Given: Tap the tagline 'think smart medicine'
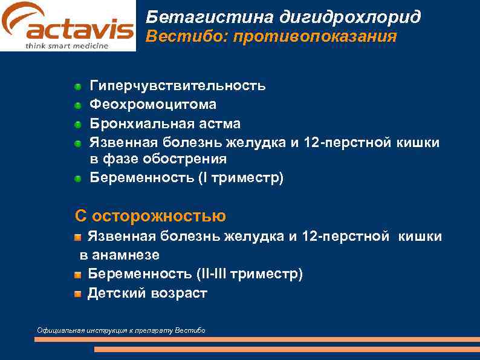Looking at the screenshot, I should tap(67, 45).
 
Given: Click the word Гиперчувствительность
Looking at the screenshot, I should tap(177, 85).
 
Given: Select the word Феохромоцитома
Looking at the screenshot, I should tap(153, 105).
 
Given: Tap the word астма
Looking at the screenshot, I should tap(220, 124).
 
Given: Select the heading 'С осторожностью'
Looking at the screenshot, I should tap(151, 215).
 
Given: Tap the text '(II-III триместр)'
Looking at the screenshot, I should tap(250, 274).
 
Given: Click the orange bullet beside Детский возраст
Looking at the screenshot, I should tap(78, 295).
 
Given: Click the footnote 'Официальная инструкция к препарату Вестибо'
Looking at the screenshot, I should tap(121, 330).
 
